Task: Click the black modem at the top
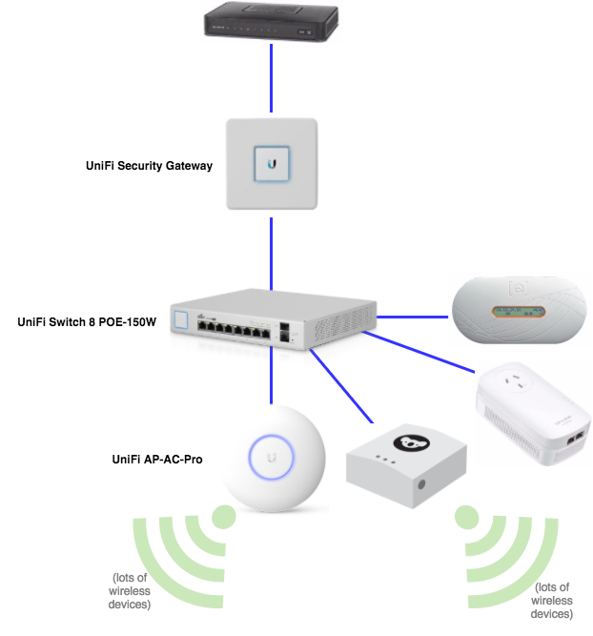pyautogui.click(x=272, y=22)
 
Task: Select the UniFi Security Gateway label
pyautogui.click(x=149, y=166)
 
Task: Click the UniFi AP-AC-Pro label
pyautogui.click(x=158, y=460)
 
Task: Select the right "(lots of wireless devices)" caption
pyautogui.click(x=552, y=600)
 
